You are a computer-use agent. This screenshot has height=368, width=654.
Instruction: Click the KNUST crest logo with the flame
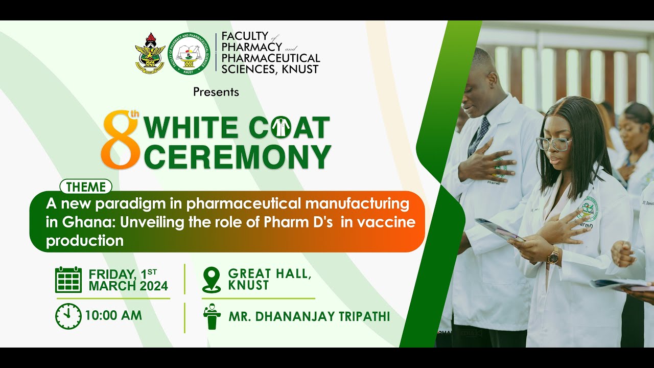click(x=150, y=54)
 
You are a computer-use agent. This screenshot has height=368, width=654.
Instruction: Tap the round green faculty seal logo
click(x=189, y=54)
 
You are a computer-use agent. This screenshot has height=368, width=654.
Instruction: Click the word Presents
click(x=216, y=93)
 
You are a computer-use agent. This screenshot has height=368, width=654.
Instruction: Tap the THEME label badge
click(x=86, y=187)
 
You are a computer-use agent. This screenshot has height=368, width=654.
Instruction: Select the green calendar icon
click(x=68, y=280)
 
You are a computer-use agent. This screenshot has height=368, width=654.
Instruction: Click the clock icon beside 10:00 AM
click(x=68, y=316)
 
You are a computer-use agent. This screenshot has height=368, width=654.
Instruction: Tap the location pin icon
click(x=211, y=280)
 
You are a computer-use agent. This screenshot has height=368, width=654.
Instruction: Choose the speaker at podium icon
click(x=212, y=317)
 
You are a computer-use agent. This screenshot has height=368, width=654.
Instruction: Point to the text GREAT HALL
click(x=269, y=273)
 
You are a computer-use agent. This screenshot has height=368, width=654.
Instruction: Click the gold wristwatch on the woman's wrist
click(x=553, y=256)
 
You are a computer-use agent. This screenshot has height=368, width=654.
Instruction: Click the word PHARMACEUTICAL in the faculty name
click(x=271, y=58)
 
